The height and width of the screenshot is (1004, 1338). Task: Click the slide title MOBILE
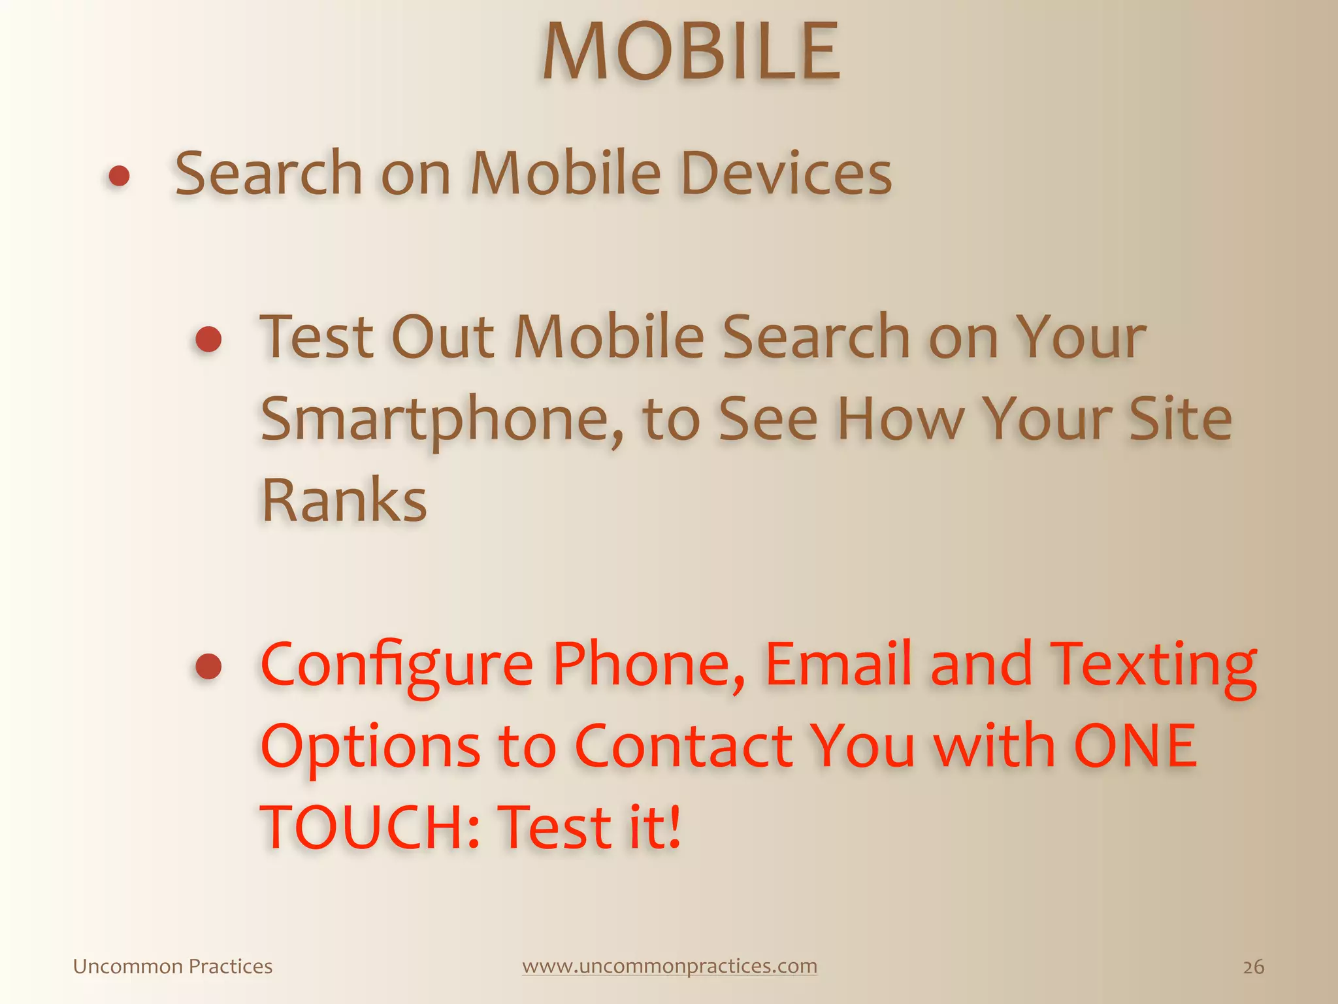[x=691, y=52]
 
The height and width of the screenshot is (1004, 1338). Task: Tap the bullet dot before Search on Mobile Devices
[x=119, y=176]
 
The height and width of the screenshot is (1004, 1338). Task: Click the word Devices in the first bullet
[x=786, y=173]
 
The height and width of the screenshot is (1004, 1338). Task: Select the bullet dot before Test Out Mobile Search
[x=208, y=339]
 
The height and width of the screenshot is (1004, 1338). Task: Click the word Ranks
[x=344, y=501]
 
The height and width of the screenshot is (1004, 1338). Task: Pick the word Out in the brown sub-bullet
[x=442, y=337]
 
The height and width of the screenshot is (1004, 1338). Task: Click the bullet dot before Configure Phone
[x=208, y=666]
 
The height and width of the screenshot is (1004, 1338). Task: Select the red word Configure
[x=397, y=665]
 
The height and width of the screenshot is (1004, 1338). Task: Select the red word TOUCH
[x=363, y=828]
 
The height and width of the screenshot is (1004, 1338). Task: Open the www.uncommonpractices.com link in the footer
[x=670, y=966]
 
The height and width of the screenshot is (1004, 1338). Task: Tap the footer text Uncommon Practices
[x=172, y=967]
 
